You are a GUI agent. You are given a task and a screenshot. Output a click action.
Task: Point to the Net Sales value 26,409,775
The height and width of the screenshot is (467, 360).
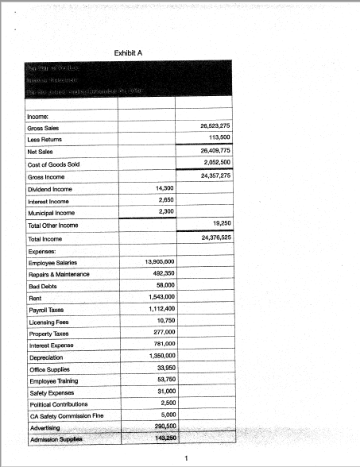[214, 150]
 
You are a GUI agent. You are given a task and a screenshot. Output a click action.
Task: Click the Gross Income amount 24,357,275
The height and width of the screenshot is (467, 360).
[214, 176]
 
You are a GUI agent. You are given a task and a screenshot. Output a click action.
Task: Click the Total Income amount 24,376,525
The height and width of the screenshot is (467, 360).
[214, 237]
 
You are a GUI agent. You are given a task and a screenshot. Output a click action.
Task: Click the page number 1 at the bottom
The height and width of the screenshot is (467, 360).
[185, 457]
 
